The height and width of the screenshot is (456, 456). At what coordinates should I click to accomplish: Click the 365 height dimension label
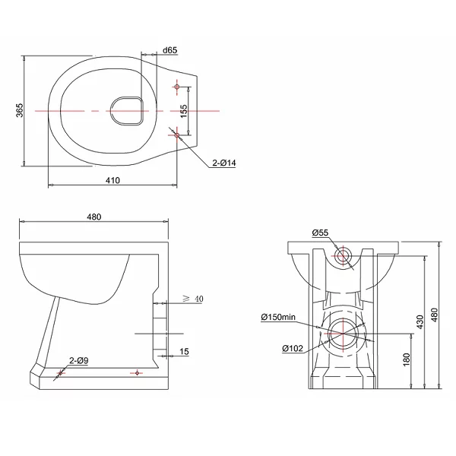[x=19, y=110]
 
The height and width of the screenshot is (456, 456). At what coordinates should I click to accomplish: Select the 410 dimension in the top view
[x=112, y=181]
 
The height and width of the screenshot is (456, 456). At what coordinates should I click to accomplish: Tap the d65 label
[x=169, y=50]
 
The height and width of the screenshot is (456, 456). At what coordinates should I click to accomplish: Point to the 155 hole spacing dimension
[x=184, y=111]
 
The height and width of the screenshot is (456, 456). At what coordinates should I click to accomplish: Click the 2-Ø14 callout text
[x=224, y=163]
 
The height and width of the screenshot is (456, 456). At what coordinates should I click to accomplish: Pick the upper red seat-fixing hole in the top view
[x=177, y=87]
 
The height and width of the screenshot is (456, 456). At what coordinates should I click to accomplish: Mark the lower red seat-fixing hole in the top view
[x=177, y=135]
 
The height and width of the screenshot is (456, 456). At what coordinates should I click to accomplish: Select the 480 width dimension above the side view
[x=94, y=217]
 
